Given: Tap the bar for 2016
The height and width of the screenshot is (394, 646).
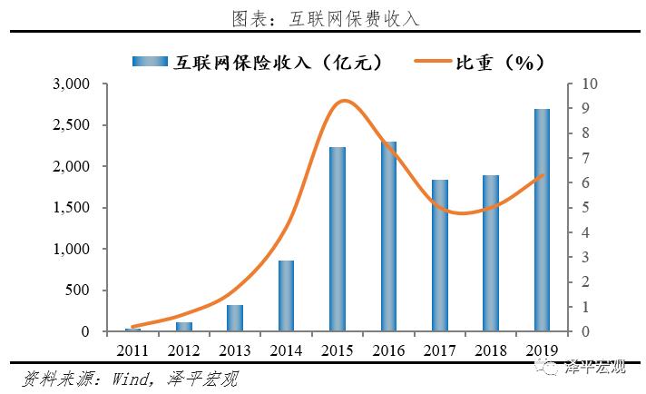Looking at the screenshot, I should pos(388,236).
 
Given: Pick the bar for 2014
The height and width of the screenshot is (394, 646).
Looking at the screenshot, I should pos(286,296).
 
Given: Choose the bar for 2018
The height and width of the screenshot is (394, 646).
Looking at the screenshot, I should pos(491,253).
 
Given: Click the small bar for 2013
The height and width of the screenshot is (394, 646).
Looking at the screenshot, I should pos(235,319).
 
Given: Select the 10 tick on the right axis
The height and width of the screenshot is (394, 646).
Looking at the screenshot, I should pos(588,84).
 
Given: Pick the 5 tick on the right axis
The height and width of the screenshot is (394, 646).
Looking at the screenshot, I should pos(584,208).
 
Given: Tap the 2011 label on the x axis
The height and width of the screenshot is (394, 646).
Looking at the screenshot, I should pos(132,349).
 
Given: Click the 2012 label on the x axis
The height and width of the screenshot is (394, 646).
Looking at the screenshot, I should pos(184,349).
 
